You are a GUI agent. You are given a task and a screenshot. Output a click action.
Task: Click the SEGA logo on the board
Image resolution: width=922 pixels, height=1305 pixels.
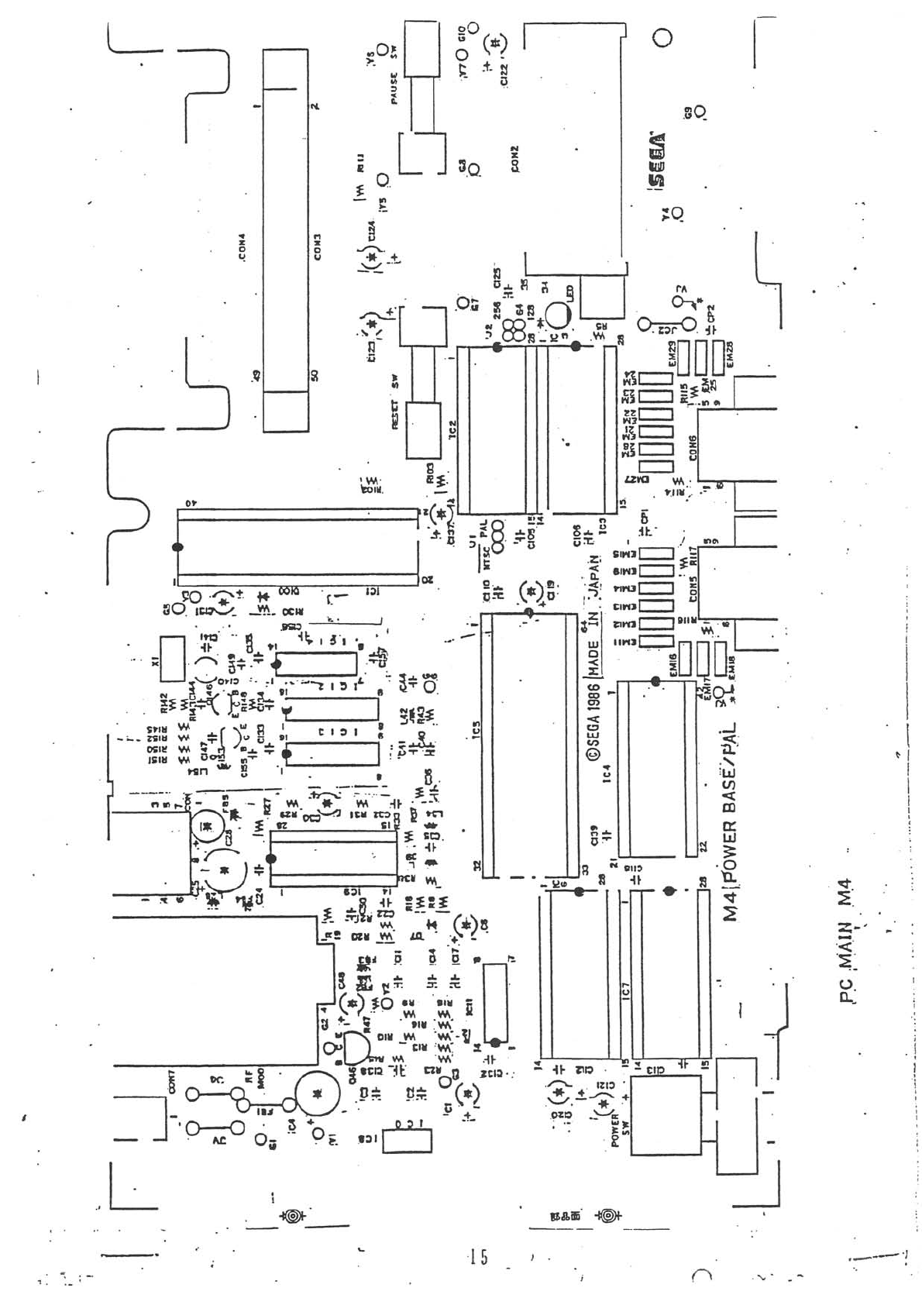tap(658, 159)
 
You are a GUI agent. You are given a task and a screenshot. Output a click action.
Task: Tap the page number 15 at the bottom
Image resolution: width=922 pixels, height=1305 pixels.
tap(479, 1257)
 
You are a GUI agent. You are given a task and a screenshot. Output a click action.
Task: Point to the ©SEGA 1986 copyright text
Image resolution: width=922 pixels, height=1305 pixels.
tap(593, 721)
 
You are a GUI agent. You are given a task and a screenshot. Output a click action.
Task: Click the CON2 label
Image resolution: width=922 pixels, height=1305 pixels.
tap(514, 159)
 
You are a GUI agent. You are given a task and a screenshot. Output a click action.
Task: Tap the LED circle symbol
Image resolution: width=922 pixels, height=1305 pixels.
tap(558, 315)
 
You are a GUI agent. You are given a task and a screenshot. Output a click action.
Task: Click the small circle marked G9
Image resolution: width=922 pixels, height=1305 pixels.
tap(700, 112)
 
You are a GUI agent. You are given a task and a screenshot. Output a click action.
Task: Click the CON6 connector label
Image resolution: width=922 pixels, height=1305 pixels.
tap(692, 447)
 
